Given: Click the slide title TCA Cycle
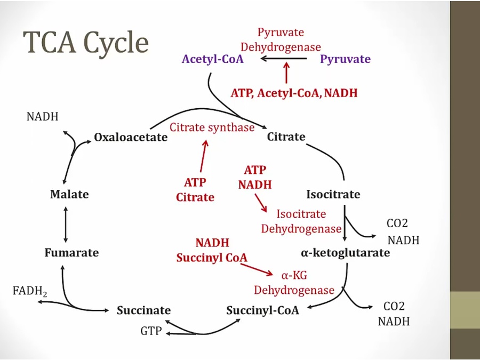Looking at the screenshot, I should coord(85,43).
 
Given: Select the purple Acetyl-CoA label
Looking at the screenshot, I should coord(212,59).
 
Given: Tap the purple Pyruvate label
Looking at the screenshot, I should coord(345,59).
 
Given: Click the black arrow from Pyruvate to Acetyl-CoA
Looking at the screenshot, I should coord(283,59).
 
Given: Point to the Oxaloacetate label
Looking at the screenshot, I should coord(131,138).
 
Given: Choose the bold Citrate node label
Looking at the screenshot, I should coord(286,137).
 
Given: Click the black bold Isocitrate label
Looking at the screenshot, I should coord(333,194).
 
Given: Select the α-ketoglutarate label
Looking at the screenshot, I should coord(346,253).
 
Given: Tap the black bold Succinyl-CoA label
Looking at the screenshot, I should coord(262,310).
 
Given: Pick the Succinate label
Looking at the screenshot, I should coord(143,310).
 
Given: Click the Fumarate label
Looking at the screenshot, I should coord(71,253).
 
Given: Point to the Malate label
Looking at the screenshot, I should coord(69,195).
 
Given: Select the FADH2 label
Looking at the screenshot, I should coord(29,291).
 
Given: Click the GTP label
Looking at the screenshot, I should coord(151,331).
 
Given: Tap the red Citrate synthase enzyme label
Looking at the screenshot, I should coord(212,127).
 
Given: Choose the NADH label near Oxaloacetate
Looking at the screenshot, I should coord(42,116).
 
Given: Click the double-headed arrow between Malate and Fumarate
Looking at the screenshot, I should coord(66,223).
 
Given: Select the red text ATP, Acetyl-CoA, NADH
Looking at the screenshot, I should coord(294,93).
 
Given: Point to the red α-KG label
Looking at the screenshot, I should coord(294,275).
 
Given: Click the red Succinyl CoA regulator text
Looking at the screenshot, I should coord(212,258).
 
